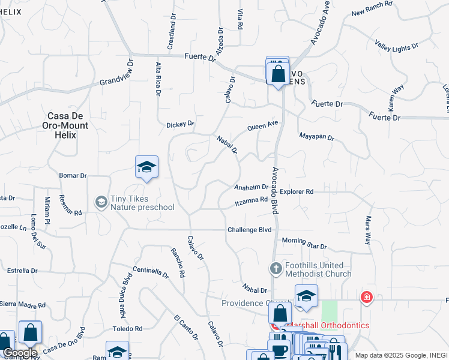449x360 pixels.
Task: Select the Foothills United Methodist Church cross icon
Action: [x=276, y=268]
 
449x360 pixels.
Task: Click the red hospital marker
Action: [x=366, y=297]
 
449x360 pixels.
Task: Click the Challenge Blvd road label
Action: [x=249, y=230]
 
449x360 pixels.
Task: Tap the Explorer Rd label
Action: [x=297, y=192]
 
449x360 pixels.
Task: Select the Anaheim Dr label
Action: [x=251, y=187]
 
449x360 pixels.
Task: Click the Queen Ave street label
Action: [x=264, y=126]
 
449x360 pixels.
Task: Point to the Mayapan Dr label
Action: [x=316, y=137]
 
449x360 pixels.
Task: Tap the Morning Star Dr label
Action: [x=304, y=243]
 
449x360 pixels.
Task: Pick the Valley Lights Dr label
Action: [x=396, y=44]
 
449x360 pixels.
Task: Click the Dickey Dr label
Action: [x=180, y=124]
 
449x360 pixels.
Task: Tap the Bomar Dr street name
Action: [x=73, y=176]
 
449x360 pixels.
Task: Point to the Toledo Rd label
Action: [x=127, y=329]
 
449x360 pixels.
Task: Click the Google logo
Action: [x=19, y=353]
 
